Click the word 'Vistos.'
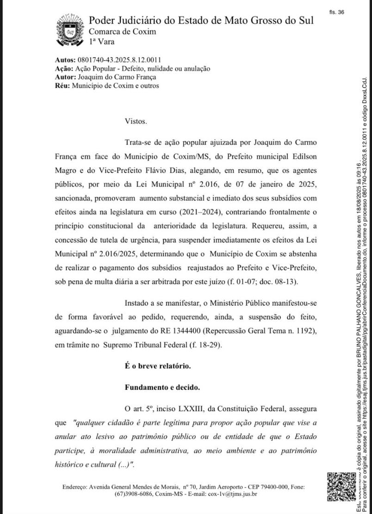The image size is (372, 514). [x=136, y=121]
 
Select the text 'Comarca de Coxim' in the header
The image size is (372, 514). [x=122, y=31]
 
